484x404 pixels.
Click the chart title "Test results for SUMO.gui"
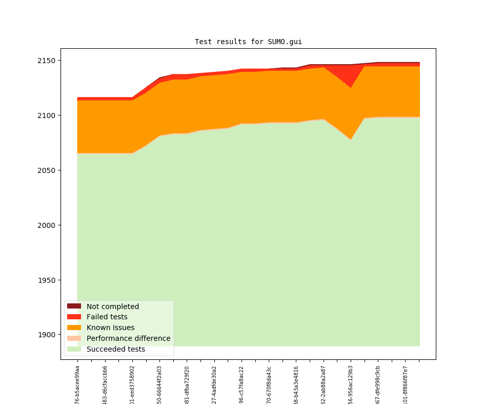click(248, 42)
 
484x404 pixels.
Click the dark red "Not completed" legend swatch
click(74, 306)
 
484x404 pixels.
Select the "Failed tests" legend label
click(107, 317)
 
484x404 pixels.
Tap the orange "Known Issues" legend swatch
click(74, 328)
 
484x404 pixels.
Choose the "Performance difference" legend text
click(128, 339)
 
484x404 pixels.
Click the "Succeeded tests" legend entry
click(115, 350)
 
